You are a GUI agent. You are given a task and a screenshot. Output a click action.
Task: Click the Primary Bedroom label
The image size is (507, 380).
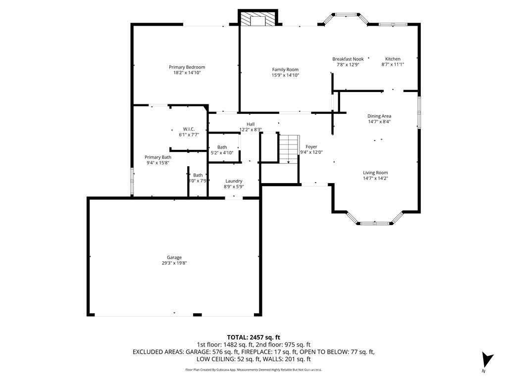187,67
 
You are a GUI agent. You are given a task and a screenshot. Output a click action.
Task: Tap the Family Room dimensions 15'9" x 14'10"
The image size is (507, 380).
285,75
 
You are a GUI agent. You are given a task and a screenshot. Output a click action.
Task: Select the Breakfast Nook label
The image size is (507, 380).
348,59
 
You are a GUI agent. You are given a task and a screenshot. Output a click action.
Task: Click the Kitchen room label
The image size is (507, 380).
393,59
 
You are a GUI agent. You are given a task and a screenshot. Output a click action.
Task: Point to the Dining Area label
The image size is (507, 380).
379,116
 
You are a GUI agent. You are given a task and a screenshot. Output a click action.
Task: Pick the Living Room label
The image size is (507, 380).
375,172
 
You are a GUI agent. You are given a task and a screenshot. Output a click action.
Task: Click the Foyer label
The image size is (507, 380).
311,146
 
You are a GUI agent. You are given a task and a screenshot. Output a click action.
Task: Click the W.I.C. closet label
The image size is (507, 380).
189,129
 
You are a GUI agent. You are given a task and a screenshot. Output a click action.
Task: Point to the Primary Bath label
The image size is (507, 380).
158,157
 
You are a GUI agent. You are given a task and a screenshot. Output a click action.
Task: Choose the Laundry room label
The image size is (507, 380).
233,181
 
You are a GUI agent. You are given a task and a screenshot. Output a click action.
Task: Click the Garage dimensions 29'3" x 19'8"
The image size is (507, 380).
174,263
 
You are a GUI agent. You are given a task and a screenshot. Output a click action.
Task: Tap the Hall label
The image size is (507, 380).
251,124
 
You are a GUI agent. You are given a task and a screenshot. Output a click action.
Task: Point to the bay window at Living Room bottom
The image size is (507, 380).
375,223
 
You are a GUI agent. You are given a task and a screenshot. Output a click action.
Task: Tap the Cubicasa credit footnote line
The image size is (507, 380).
253,370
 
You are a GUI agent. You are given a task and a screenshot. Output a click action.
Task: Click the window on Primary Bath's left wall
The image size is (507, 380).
132,181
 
